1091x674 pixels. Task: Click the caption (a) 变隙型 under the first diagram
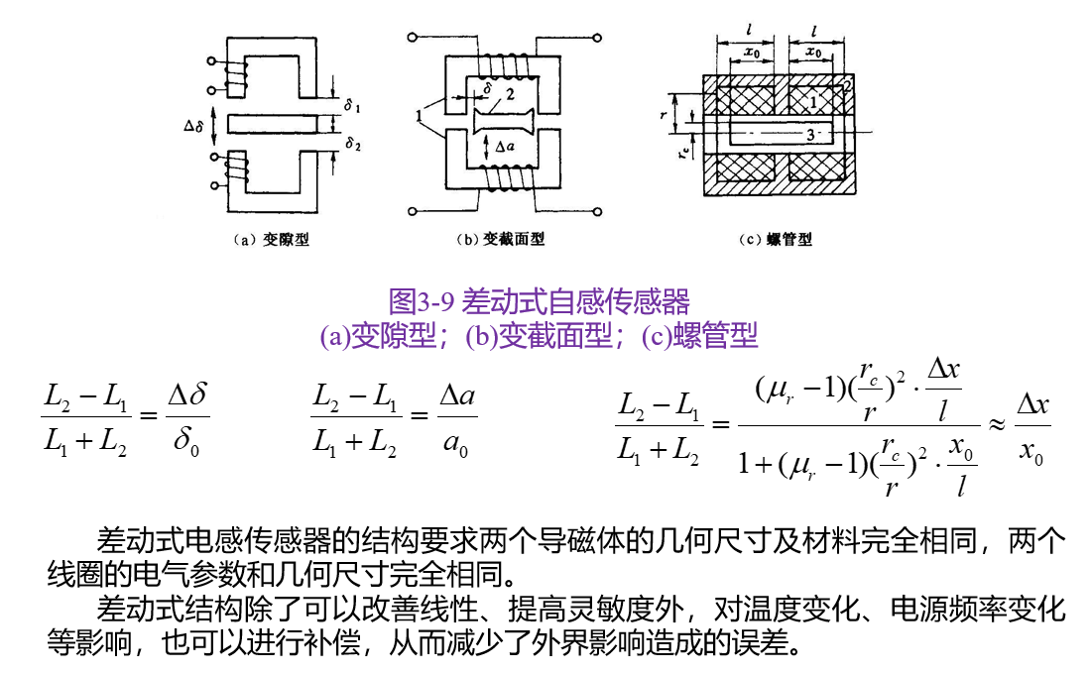point(270,240)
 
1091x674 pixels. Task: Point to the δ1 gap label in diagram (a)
point(353,103)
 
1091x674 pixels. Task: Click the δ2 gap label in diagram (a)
point(353,144)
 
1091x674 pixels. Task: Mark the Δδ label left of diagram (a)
point(195,126)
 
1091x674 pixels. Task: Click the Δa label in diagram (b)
point(505,146)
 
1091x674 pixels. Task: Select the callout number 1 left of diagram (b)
point(422,116)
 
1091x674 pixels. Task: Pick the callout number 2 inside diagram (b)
point(509,96)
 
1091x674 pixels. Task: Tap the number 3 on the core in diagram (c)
point(810,133)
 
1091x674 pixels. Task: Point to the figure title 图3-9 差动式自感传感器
point(540,300)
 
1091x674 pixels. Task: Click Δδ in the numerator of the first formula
point(187,396)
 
